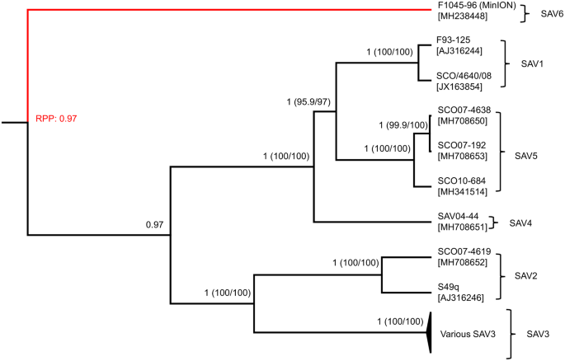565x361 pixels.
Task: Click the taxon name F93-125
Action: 453,39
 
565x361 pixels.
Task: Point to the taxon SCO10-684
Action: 461,180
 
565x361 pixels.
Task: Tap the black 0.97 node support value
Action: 155,223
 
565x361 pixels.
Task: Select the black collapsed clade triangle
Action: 428,333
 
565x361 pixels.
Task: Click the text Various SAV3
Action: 468,334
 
